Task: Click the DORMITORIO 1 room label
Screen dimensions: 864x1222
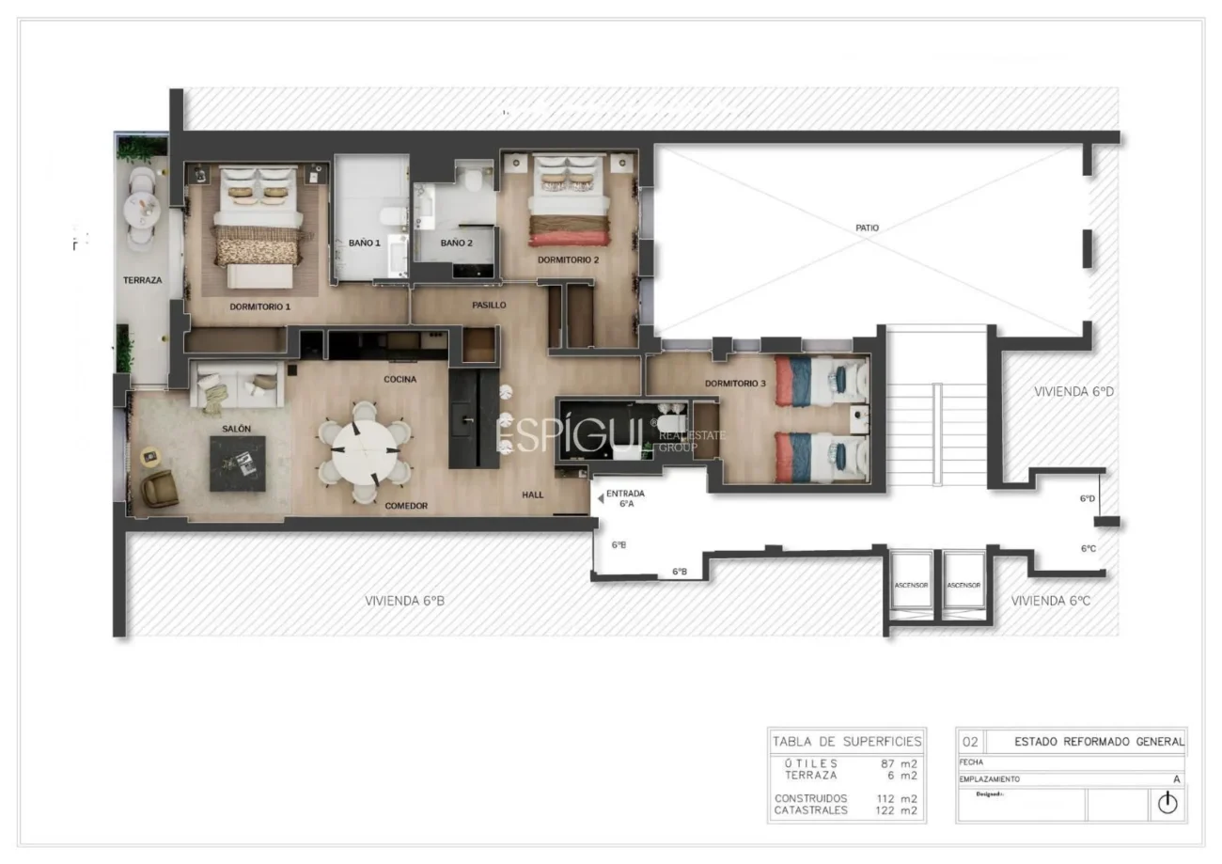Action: pos(260,306)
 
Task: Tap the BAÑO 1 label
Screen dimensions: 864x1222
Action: pos(365,243)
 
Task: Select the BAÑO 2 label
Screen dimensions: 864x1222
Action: pos(456,243)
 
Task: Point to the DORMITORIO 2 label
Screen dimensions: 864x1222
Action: pos(568,259)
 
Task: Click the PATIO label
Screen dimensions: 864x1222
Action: pos(868,228)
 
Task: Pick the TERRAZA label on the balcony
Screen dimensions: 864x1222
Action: pos(142,280)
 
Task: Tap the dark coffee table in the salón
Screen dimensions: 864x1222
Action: pos(237,463)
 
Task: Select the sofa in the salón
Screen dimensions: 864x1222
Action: pos(238,385)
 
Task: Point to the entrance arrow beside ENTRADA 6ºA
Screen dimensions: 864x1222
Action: pos(601,498)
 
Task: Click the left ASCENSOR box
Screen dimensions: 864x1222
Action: pos(911,585)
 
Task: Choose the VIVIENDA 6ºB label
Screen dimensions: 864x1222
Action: pos(404,600)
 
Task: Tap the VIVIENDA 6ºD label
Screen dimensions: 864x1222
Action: pos(1073,391)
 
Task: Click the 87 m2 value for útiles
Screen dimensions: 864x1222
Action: pos(899,763)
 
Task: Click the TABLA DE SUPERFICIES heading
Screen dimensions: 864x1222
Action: pos(847,741)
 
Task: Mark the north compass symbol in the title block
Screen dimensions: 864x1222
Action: pos(1167,803)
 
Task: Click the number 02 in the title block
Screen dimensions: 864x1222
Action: pos(971,741)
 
